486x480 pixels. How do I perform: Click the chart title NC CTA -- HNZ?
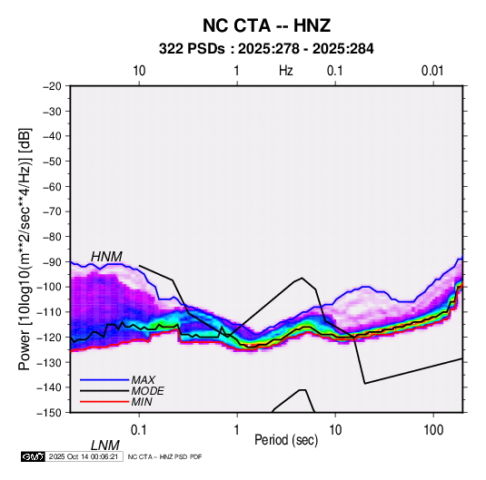click(266, 25)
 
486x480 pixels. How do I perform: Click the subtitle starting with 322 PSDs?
click(266, 49)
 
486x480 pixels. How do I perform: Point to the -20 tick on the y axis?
click(52, 86)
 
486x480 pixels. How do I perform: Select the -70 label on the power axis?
click(52, 211)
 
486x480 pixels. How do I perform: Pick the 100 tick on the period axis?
click(433, 430)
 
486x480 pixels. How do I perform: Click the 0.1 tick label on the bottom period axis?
click(138, 430)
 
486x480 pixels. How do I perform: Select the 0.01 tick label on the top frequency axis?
click(432, 71)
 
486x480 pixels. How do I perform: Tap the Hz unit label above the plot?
click(286, 71)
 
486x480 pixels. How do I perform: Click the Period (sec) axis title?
click(286, 440)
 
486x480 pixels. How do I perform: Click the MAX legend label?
click(143, 379)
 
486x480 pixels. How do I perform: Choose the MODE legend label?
click(147, 391)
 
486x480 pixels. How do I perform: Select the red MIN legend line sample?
click(104, 402)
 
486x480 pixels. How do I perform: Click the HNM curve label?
click(106, 257)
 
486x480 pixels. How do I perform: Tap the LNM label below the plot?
click(105, 446)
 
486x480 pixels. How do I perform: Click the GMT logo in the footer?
click(34, 456)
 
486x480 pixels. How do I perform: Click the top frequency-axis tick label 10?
click(139, 71)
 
